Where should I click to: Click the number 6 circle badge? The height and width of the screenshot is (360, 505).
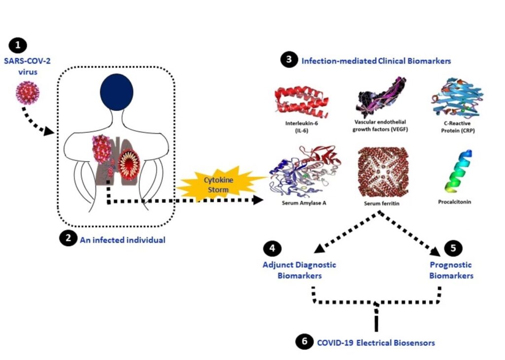pos(305,341)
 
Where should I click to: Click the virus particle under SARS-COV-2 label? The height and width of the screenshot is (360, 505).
pos(28,93)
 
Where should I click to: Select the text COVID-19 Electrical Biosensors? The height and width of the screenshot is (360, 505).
pos(376,342)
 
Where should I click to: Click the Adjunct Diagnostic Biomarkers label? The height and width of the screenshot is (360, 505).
pos(299,270)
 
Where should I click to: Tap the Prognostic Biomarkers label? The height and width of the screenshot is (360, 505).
pos(451,270)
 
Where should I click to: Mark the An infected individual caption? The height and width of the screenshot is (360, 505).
pos(122,240)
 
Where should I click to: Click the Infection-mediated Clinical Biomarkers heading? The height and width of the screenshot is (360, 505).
pos(376,61)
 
